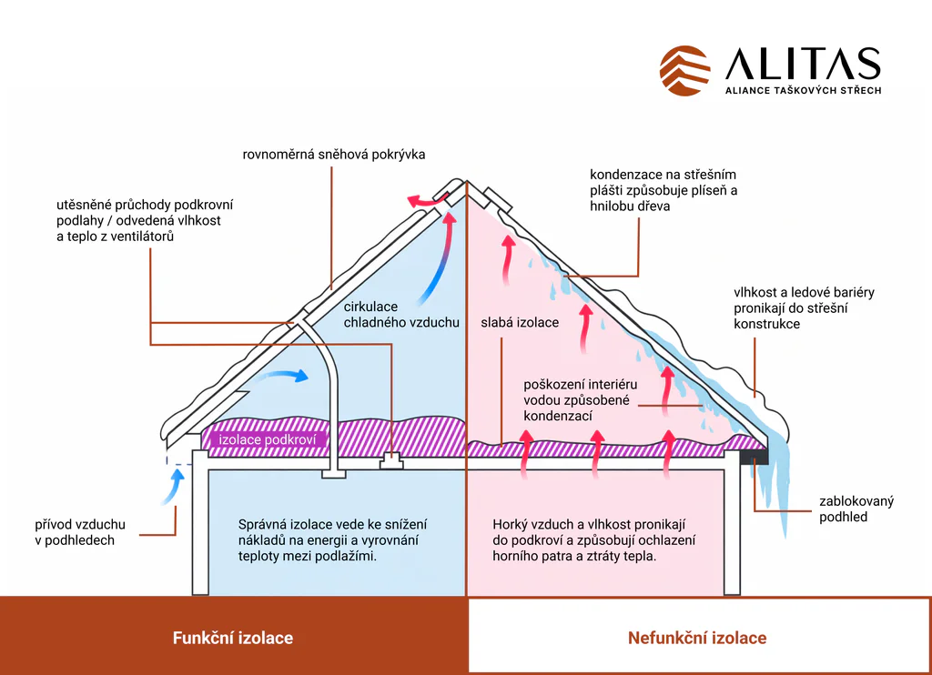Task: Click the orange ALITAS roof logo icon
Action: pos(684,71)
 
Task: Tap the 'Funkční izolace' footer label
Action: pos(233,638)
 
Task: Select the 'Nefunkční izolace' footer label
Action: pos(697,638)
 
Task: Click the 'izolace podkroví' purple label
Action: pos(267,439)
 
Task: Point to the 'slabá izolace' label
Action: pos(520,322)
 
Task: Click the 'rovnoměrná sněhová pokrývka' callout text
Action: pos(334,155)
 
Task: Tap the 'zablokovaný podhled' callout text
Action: pos(856,509)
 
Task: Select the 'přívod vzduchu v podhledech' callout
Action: pos(80,532)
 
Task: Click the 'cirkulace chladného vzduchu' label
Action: pos(401,315)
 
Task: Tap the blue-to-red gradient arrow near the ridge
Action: pos(438,258)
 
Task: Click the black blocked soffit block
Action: pos(754,457)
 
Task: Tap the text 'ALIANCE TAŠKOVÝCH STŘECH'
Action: pos(803,90)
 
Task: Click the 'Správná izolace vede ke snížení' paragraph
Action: pos(333,540)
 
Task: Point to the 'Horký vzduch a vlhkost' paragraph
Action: pos(593,540)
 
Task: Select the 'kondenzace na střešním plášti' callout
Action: pos(664,190)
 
